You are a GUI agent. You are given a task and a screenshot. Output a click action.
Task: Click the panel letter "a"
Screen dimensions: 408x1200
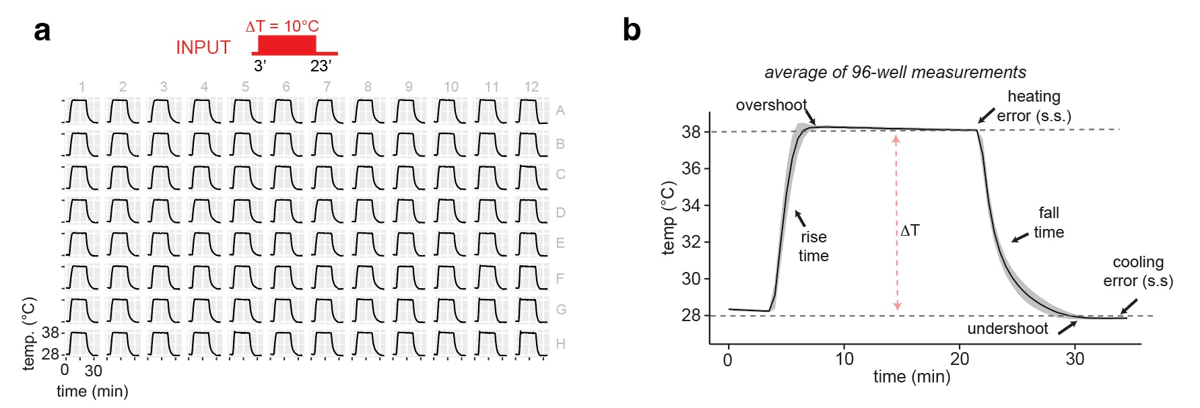pos(42,31)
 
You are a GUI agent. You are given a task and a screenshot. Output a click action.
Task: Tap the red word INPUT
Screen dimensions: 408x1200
pos(203,48)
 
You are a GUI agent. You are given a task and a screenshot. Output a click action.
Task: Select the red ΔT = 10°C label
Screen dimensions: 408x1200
pos(282,26)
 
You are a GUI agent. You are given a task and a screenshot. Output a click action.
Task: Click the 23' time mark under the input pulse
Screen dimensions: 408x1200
pos(321,66)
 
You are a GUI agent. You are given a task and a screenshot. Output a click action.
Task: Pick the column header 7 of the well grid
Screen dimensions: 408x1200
pos(327,87)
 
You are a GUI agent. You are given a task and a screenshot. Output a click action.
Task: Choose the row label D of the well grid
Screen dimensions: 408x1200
pos(560,213)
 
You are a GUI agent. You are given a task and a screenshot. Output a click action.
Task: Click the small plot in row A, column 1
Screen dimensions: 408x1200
pos(81,111)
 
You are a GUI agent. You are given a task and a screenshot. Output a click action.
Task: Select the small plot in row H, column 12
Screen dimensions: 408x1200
pos(531,343)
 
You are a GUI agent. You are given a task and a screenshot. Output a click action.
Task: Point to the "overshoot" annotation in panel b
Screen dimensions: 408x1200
pos(771,106)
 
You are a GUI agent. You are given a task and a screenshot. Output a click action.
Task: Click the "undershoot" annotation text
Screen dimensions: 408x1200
pos(1007,329)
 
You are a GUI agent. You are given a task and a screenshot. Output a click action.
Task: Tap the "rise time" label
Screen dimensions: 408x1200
pos(813,246)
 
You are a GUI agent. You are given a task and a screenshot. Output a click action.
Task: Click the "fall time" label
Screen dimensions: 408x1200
pos(1048,223)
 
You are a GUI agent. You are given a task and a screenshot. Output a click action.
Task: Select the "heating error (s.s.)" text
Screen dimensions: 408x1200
pos(1034,106)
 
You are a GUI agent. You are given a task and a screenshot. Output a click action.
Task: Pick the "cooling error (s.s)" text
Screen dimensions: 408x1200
pos(1138,271)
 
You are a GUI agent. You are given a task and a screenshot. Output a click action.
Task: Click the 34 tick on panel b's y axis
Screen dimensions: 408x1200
pos(691,205)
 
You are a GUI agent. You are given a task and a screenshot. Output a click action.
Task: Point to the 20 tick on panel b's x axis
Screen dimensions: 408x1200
pos(960,360)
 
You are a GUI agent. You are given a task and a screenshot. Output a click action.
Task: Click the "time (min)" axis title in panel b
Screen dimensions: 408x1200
pos(912,377)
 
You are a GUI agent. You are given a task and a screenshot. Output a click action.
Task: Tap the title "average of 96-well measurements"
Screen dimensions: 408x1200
pos(895,73)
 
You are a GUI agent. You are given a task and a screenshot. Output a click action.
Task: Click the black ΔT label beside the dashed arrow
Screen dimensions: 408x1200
pos(910,231)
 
